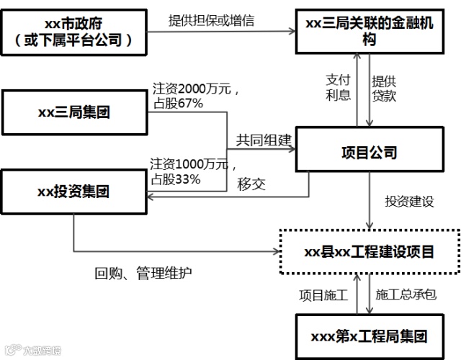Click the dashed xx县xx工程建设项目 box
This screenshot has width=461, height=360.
[x=370, y=252]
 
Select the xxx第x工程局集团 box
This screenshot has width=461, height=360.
[x=370, y=336]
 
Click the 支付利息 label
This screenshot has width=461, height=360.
[x=338, y=88]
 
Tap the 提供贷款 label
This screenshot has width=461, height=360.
[x=384, y=88]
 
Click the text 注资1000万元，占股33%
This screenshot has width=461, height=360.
[x=189, y=171]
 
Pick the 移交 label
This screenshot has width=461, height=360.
[x=251, y=184]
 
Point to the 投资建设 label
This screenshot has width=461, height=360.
[x=409, y=202]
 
